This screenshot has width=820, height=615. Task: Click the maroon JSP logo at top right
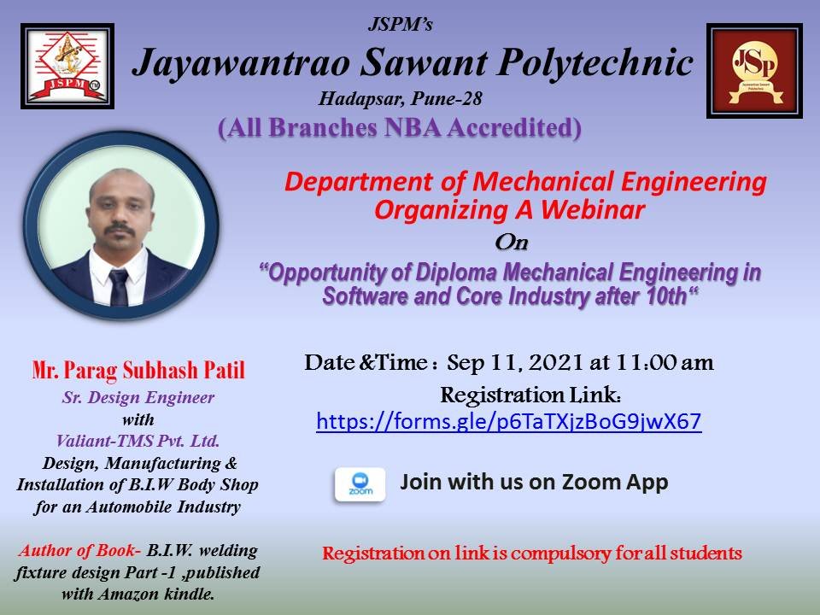click(x=754, y=70)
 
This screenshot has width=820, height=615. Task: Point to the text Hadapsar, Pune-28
click(x=401, y=99)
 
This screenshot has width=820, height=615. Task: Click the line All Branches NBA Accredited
click(x=400, y=127)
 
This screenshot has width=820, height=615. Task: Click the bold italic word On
click(x=512, y=243)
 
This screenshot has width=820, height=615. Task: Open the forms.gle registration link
click(x=508, y=422)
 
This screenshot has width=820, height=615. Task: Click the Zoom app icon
click(x=360, y=484)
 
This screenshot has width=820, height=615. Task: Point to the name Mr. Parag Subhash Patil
click(x=138, y=372)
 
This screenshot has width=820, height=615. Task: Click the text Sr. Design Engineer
click(x=138, y=397)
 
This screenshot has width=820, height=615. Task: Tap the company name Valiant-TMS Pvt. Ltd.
click(x=138, y=442)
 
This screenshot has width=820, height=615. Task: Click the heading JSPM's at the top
click(x=400, y=25)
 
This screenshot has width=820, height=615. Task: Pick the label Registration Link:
click(x=530, y=395)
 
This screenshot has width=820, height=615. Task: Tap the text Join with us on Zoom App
click(x=534, y=483)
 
